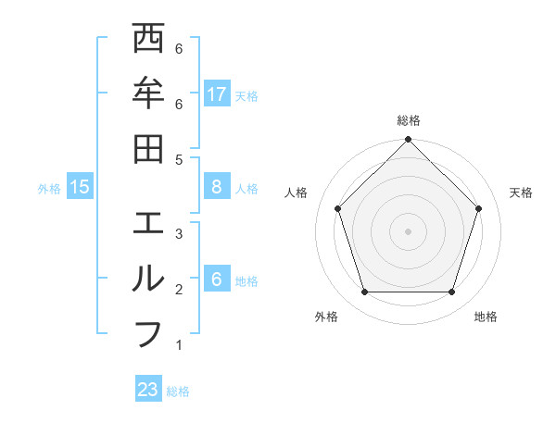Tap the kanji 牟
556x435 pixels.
149,93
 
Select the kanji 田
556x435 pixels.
149,148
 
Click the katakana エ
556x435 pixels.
149,225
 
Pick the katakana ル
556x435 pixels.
149,279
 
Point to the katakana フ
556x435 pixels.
149,334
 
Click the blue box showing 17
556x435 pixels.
217,93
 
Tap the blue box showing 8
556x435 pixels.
217,187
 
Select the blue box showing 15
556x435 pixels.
80,187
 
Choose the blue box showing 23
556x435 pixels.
148,390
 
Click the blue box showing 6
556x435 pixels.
217,280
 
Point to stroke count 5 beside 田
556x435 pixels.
179,159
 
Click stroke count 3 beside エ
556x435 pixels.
179,234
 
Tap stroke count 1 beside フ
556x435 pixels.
179,346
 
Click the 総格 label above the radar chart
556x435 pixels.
409,120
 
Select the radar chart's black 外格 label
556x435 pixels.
326,317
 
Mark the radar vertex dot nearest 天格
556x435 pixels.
479,208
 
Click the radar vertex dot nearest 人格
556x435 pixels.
338,208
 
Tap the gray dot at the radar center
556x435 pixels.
409,230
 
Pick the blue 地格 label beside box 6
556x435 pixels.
247,280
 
